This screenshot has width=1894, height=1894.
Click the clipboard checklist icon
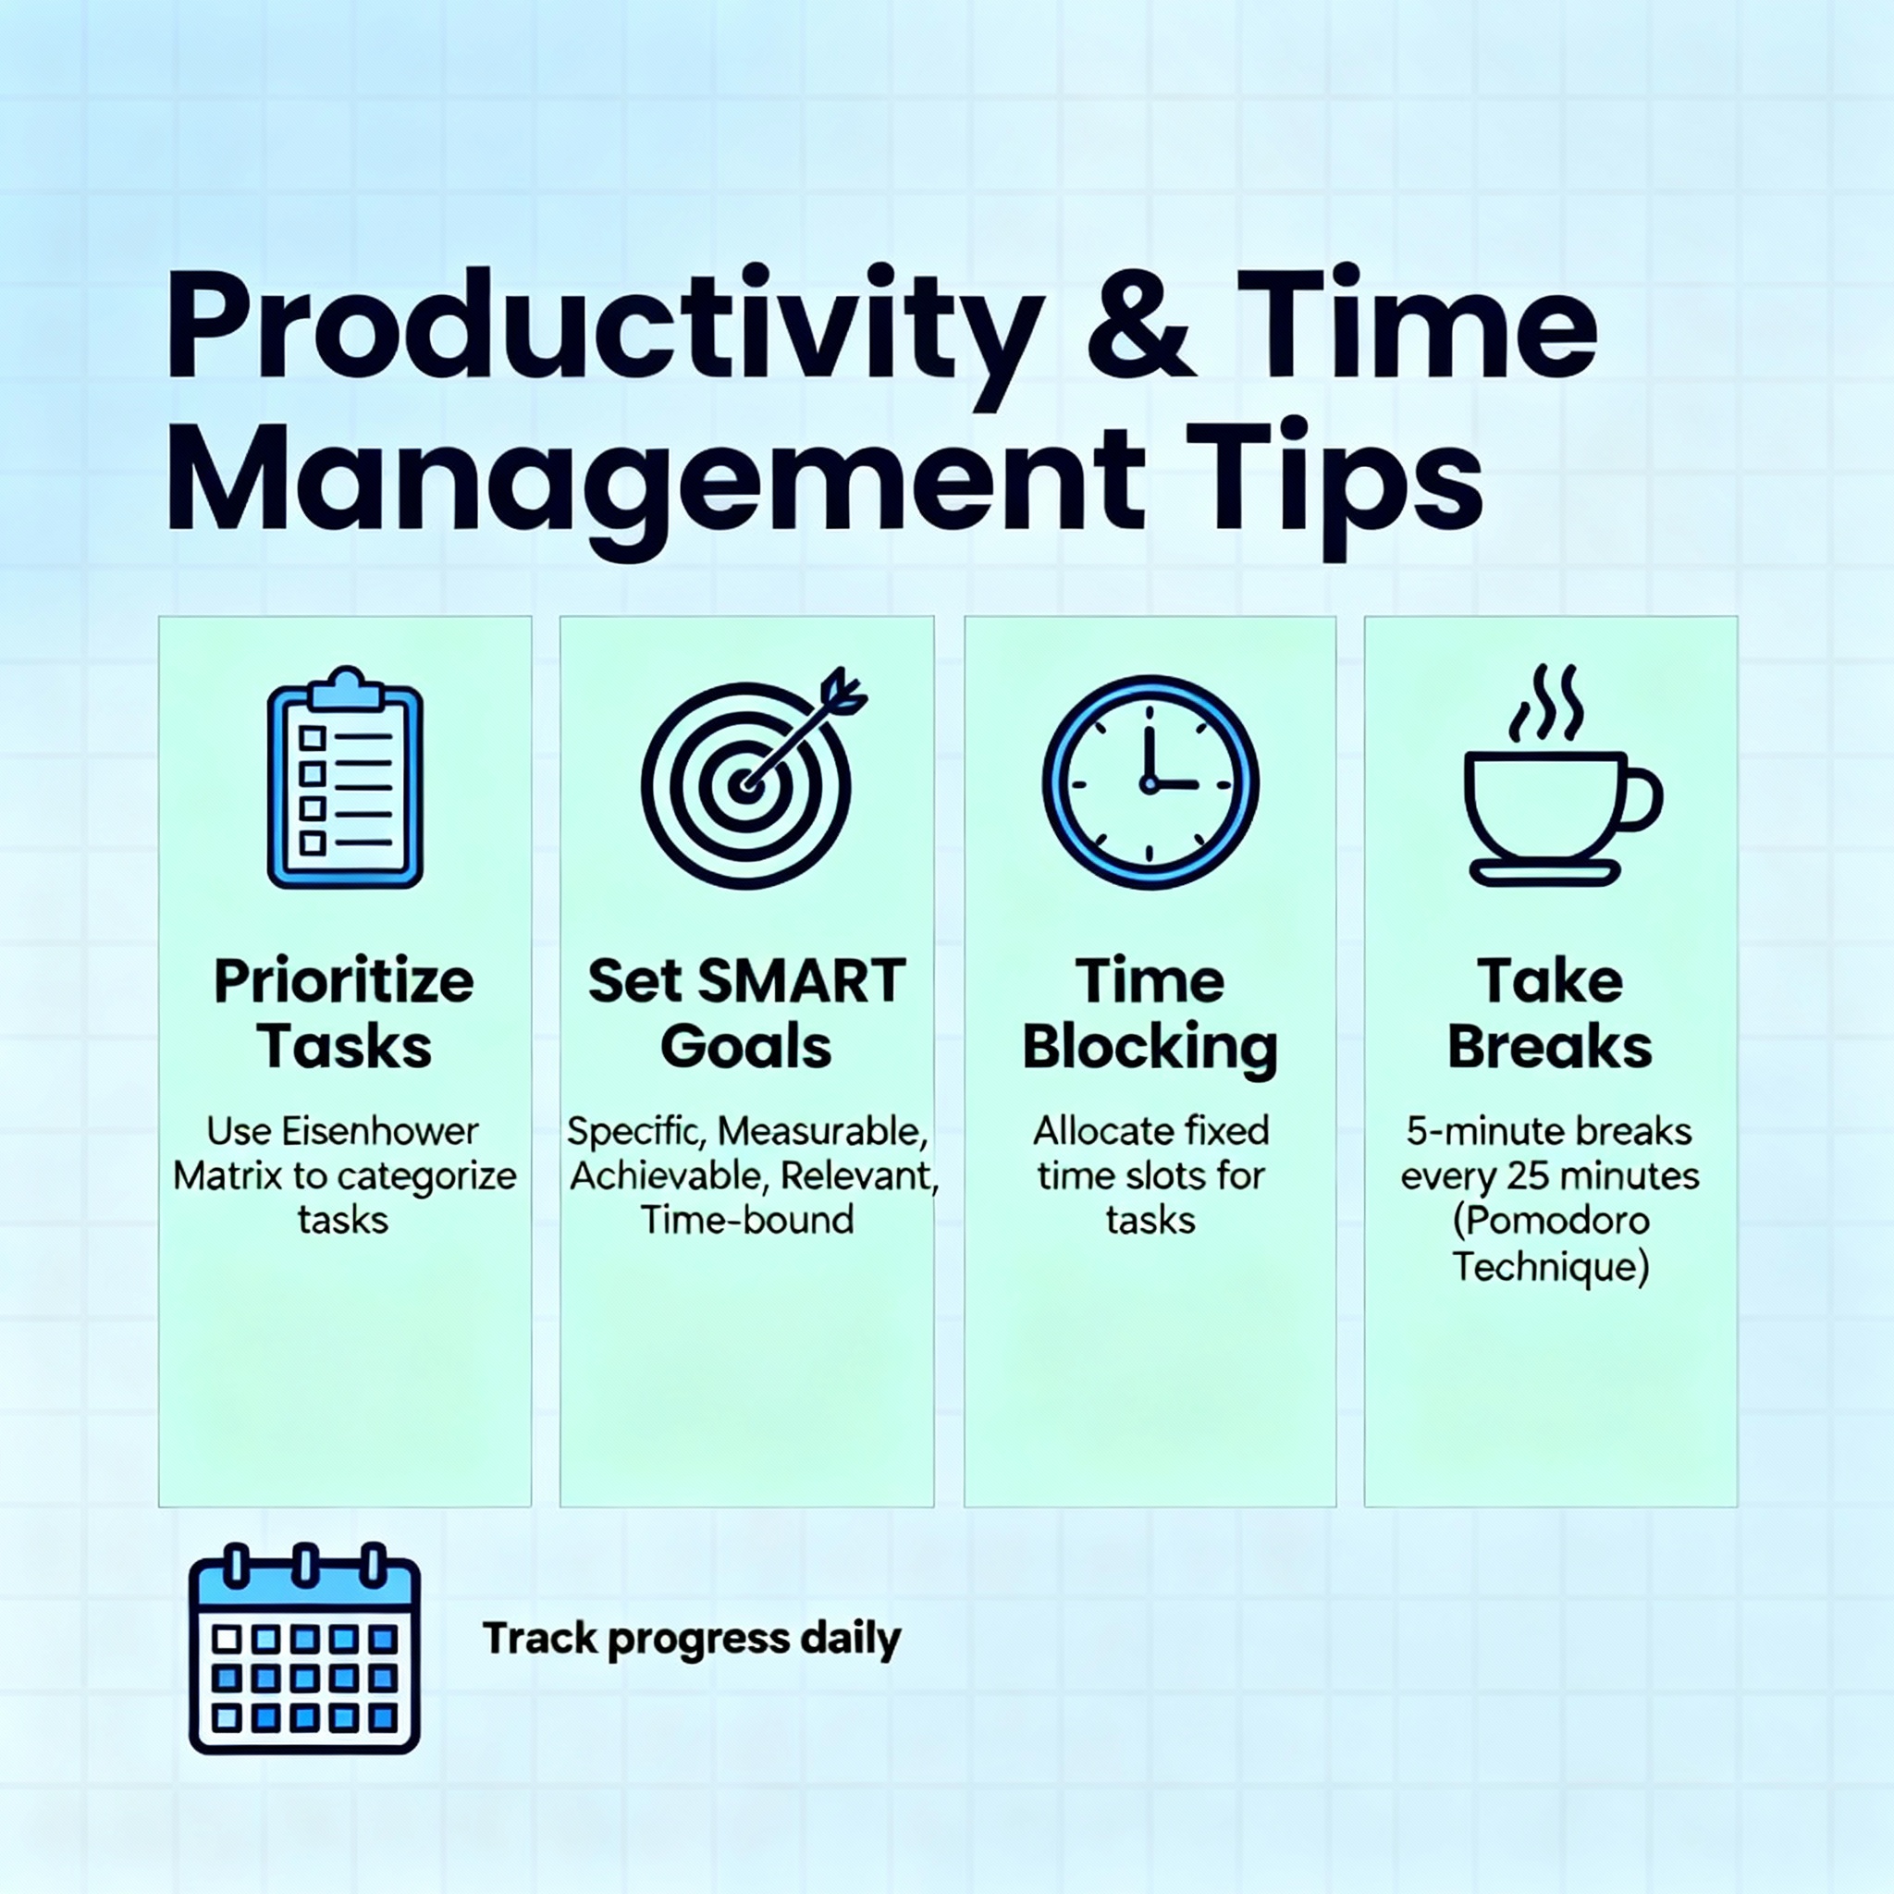pyautogui.click(x=345, y=778)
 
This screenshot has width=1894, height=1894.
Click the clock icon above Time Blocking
pyautogui.click(x=1150, y=782)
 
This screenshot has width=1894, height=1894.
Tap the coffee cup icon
pyautogui.click(x=1563, y=775)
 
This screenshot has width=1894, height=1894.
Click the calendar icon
pyautogui.click(x=305, y=1648)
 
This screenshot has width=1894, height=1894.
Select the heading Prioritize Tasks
pyautogui.click(x=344, y=1014)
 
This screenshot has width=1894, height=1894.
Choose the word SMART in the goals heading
pyautogui.click(x=804, y=981)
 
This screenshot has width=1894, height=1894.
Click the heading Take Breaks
pyautogui.click(x=1550, y=1014)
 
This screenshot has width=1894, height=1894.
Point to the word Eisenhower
pyautogui.click(x=380, y=1131)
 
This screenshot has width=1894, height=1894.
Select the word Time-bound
pyautogui.click(x=747, y=1221)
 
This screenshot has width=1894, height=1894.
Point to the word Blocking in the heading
pyautogui.click(x=1150, y=1048)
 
